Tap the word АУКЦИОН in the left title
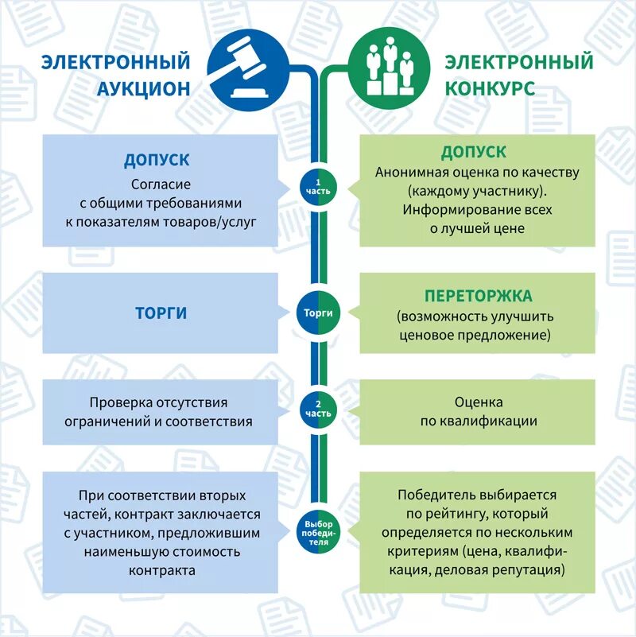coord(144,87)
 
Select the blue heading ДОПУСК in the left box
coord(157,159)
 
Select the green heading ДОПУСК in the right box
coord(474,152)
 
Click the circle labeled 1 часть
coord(318,188)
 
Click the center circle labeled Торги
coord(318,313)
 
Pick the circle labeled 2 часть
coord(318,409)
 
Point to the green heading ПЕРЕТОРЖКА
coord(478,296)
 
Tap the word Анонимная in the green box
coord(411,172)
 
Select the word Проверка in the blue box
coord(121,402)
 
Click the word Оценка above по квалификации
coord(479,402)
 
